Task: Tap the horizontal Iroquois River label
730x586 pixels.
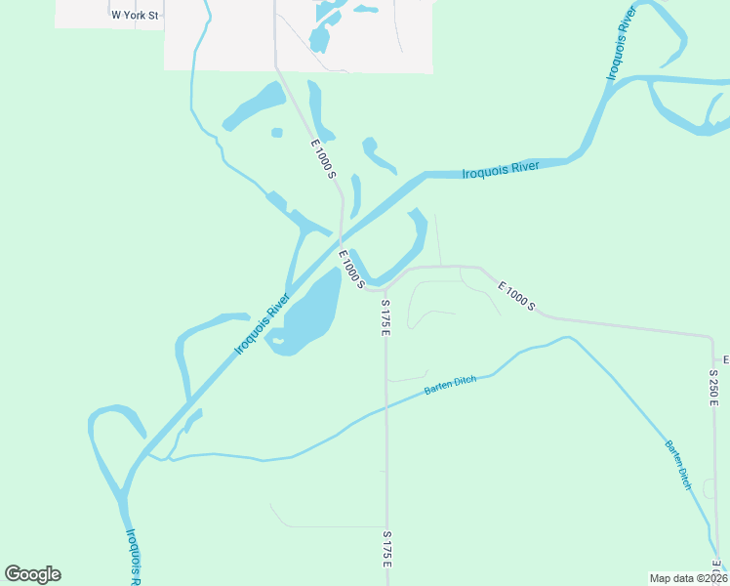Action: point(501,170)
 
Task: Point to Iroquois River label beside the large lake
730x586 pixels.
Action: point(263,322)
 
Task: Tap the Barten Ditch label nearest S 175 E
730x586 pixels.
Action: point(450,385)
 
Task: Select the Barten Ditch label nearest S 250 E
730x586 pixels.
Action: point(679,464)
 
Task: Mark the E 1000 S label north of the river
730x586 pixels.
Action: point(324,159)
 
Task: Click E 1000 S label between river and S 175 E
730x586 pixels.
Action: point(351,270)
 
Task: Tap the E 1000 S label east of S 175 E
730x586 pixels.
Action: point(516,297)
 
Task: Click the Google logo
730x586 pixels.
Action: point(32,574)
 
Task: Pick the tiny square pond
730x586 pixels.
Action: point(277,133)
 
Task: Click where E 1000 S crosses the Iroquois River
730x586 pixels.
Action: point(341,234)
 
